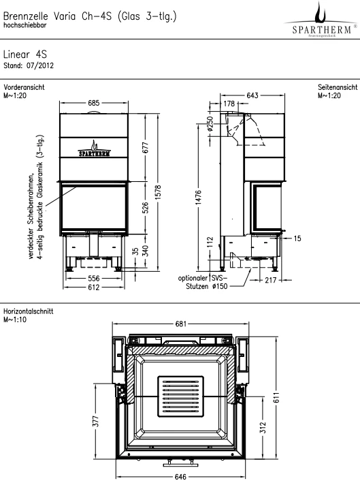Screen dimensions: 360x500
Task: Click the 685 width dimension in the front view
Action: [x=94, y=103]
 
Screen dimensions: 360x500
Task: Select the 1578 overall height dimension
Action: [x=159, y=193]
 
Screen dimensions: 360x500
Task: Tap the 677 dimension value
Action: [x=145, y=147]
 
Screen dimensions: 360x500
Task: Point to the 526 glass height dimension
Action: [x=145, y=208]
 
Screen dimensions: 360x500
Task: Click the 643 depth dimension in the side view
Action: [x=252, y=95]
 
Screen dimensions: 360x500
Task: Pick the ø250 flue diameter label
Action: [x=210, y=124]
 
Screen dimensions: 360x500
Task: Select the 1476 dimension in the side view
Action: [x=198, y=198]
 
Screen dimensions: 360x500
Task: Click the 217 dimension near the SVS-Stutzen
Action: [x=270, y=280]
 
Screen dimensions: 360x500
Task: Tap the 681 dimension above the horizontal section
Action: [x=180, y=324]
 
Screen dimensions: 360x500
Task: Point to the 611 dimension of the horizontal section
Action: [x=276, y=397]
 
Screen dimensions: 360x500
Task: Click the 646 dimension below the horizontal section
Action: [x=180, y=477]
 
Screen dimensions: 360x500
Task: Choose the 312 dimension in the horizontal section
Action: [x=263, y=427]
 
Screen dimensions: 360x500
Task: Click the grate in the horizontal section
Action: [x=180, y=396]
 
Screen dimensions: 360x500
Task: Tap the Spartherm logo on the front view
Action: [x=94, y=149]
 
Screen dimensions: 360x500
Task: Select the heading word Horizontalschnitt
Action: [x=29, y=311]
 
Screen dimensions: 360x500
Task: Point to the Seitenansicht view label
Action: [x=338, y=87]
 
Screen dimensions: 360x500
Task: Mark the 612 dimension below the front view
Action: [x=94, y=287]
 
